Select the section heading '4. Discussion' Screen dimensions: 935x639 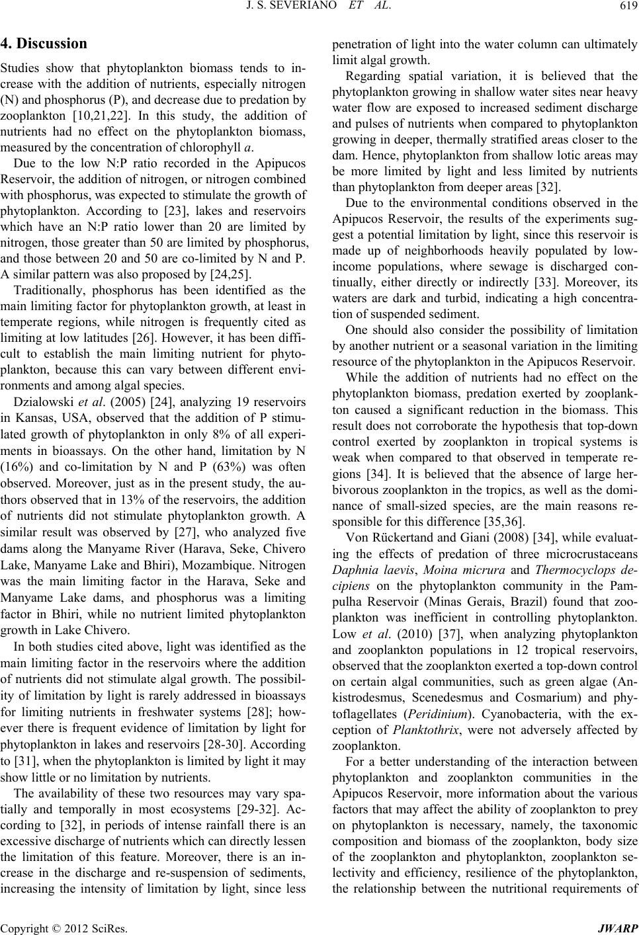tap(44, 44)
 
